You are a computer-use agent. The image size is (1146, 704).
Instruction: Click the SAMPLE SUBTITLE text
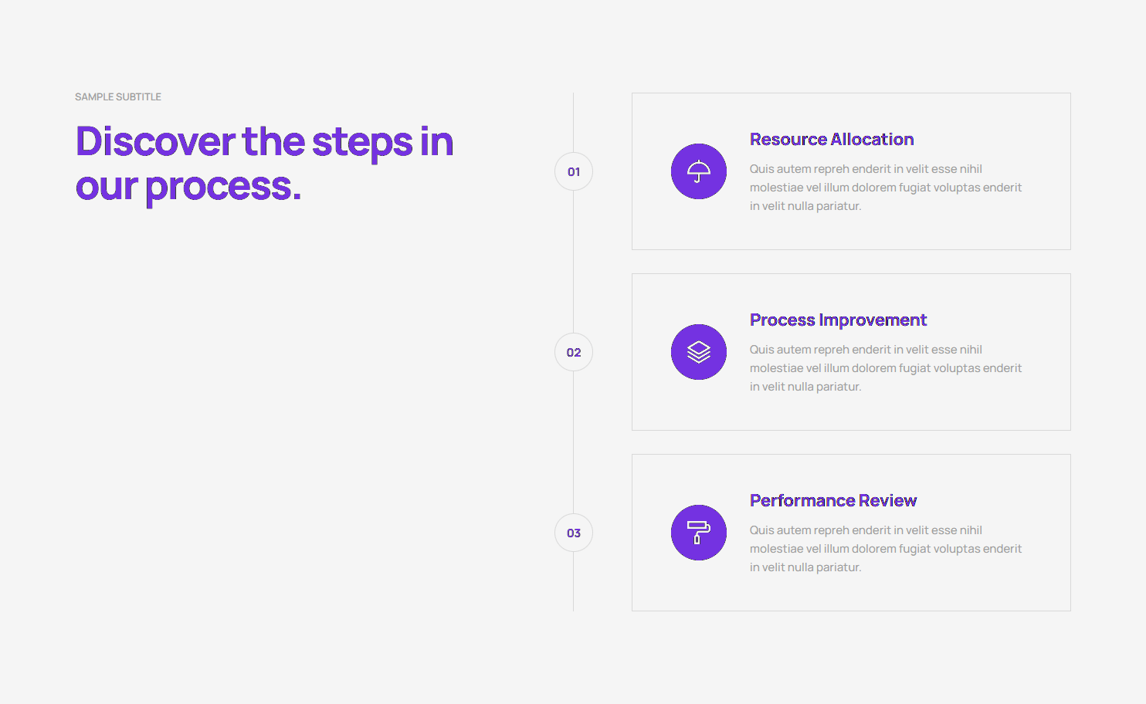pos(118,96)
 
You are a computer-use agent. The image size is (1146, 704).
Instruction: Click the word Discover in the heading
pos(155,140)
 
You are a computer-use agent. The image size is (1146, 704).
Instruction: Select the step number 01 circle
pos(574,171)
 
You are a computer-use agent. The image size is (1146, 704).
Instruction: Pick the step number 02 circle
pos(574,352)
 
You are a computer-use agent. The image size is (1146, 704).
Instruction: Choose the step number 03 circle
pos(574,533)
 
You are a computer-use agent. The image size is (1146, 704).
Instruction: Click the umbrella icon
pos(699,171)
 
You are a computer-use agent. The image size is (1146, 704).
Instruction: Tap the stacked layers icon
pos(699,352)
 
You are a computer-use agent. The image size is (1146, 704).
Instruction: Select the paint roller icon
pos(699,533)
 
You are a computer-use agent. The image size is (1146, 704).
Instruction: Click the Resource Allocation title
pos(832,139)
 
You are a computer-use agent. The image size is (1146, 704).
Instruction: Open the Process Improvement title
pos(838,320)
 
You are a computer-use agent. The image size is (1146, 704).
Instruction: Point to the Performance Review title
pos(833,500)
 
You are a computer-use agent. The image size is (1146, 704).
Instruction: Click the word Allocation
pos(872,139)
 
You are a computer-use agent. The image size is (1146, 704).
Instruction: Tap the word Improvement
pos(873,320)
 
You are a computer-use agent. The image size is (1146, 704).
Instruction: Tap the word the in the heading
pos(273,140)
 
